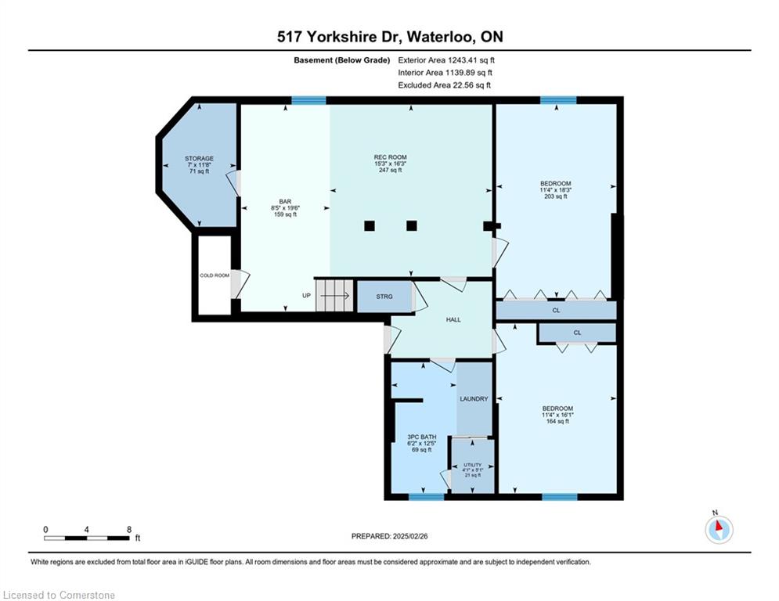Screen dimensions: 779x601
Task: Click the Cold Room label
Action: [x=215, y=275]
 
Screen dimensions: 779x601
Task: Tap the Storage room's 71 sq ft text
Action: [x=199, y=171]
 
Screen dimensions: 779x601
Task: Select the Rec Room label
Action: [x=391, y=157]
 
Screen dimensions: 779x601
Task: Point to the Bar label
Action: [x=285, y=202]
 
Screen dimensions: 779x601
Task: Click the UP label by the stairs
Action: [x=307, y=296]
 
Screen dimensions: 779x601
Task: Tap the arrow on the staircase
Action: [x=335, y=296]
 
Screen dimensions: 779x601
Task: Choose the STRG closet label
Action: [x=384, y=297]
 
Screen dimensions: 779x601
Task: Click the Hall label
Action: [x=453, y=320]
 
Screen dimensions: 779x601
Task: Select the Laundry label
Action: [x=474, y=399]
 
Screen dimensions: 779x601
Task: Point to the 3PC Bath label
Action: [x=422, y=437]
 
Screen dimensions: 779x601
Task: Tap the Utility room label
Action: [x=472, y=465]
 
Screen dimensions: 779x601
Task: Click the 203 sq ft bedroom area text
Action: [x=555, y=196]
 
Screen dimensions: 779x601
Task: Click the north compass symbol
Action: [x=719, y=528]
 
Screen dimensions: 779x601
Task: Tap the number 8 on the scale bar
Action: [x=129, y=530]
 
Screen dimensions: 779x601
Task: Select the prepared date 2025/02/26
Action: [x=410, y=536]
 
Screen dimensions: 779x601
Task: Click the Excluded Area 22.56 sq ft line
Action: [x=444, y=85]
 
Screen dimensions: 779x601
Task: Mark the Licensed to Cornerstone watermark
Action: [x=59, y=595]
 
